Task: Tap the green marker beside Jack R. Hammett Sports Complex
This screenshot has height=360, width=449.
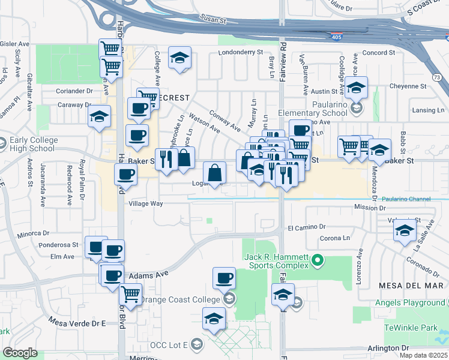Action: pos(318,260)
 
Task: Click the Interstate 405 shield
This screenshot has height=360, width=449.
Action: pos(337,37)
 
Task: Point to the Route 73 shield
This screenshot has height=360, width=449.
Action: pos(436,61)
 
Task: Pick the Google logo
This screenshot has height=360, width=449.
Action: pos(20,353)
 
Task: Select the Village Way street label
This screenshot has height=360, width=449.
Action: pos(146,203)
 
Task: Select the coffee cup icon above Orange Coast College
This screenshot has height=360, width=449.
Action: pos(224,278)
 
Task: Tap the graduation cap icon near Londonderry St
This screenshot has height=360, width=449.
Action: pos(179,58)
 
